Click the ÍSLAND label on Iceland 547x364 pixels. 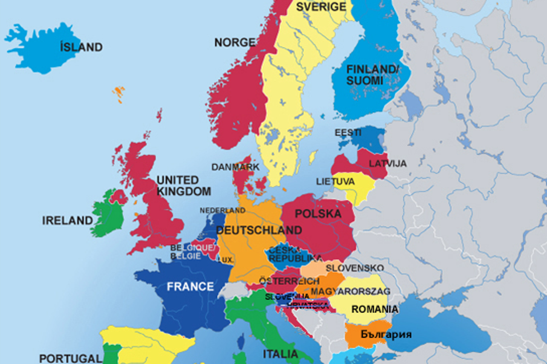point(81,47)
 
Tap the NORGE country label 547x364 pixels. point(235,42)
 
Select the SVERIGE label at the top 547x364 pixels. point(321,7)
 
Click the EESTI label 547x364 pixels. point(348,133)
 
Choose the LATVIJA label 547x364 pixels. point(388,164)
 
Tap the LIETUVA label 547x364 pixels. point(335,182)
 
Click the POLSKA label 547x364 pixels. point(318,214)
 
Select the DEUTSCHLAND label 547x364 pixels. point(259,230)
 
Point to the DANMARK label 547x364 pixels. point(235,167)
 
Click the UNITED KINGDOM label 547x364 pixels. point(183,185)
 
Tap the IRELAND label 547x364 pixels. point(67,221)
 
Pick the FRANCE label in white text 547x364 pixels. point(190,286)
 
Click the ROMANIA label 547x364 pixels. point(374,309)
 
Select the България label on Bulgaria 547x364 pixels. point(386,334)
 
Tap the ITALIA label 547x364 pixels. point(280,354)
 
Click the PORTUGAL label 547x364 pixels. point(71,358)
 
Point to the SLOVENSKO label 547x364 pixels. point(355,268)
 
